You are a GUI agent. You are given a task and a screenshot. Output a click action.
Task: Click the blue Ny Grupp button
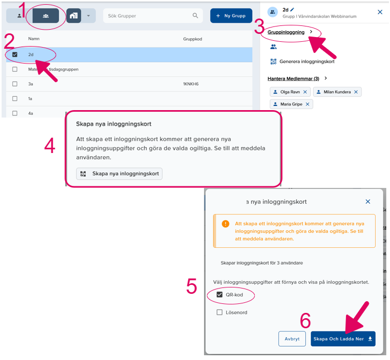click(x=231, y=16)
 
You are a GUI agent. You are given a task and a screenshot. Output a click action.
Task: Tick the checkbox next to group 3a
click(x=15, y=84)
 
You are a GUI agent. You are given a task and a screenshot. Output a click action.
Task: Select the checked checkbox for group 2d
click(x=15, y=55)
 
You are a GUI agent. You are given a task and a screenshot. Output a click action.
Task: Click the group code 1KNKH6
click(x=191, y=84)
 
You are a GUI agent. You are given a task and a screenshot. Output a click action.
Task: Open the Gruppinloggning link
click(x=286, y=32)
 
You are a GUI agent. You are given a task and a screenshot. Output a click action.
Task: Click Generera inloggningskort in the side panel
click(x=307, y=61)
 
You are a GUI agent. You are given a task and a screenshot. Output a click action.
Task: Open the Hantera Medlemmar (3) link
click(x=294, y=78)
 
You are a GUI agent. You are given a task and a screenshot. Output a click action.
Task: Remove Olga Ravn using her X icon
click(x=305, y=92)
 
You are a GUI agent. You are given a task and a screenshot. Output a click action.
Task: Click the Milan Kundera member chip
click(x=337, y=92)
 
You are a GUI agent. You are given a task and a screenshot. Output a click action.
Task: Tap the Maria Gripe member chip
click(x=291, y=104)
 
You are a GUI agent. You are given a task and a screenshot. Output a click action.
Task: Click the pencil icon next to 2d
click(x=292, y=10)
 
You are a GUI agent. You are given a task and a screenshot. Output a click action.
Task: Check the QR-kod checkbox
click(x=219, y=295)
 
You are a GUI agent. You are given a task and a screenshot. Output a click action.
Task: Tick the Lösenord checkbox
click(x=219, y=312)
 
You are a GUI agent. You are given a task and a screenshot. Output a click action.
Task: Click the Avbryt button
click(x=292, y=339)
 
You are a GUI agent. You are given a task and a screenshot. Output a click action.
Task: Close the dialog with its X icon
click(x=368, y=202)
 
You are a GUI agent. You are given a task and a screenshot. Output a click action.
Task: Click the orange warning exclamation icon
click(x=225, y=223)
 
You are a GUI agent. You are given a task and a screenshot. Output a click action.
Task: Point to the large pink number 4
click(x=49, y=146)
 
